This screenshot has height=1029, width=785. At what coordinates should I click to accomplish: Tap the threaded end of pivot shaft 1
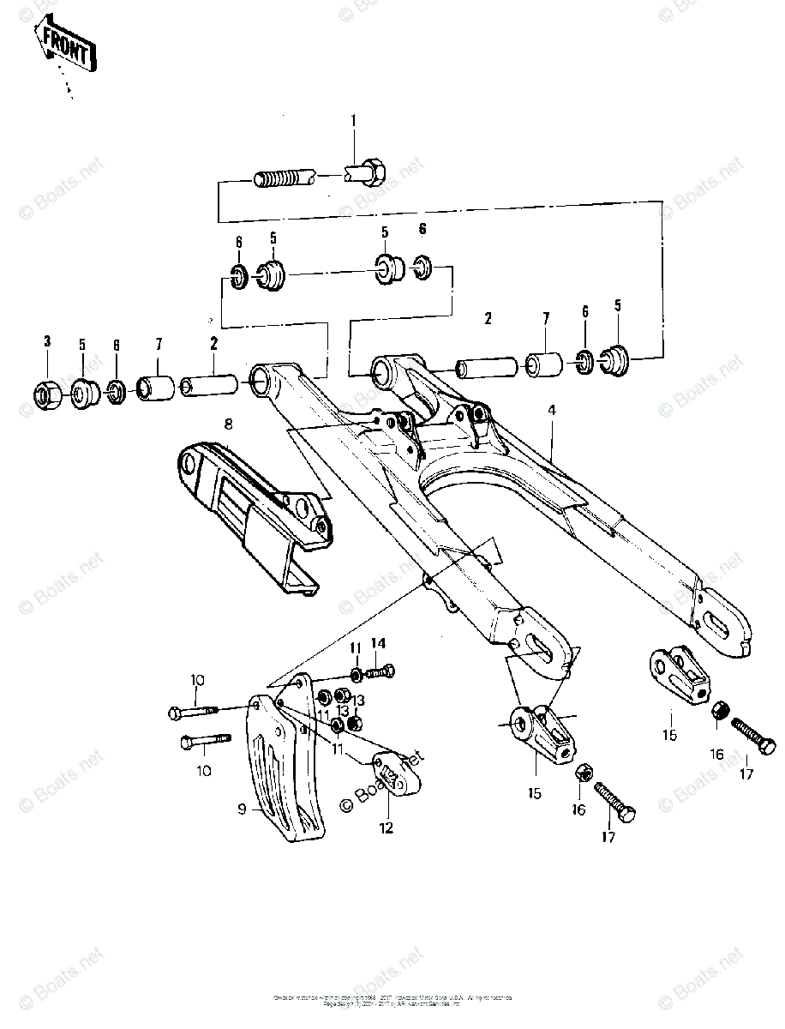[x=281, y=180]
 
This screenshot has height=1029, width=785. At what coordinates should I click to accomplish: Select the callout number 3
[x=48, y=342]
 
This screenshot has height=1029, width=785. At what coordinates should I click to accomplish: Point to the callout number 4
[x=553, y=412]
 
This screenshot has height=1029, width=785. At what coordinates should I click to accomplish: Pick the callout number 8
[x=228, y=423]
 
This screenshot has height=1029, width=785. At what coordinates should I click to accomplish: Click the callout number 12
[x=387, y=827]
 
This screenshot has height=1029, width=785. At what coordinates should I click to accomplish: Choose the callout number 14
[x=378, y=643]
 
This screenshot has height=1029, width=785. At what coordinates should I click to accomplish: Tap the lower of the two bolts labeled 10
[x=205, y=741]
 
